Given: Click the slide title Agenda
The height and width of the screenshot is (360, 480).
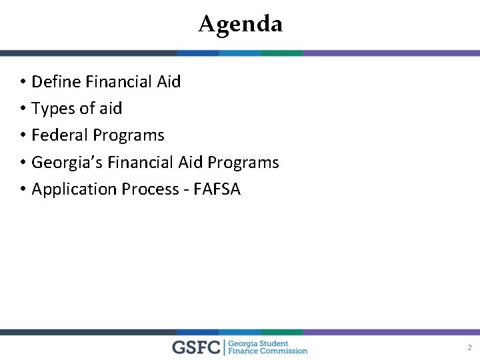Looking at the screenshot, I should pos(240,24).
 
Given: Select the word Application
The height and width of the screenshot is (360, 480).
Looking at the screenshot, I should pos(74,190).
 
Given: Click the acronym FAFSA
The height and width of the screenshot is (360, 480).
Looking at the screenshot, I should pos(216,189).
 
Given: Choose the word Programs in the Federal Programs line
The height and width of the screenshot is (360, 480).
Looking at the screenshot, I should pos(128,136).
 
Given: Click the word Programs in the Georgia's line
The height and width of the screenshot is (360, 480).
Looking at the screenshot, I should pos(243,163).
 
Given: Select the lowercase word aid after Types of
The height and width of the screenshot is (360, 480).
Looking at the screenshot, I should pos(110,109).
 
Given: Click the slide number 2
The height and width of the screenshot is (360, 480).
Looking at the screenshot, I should pos(469,347).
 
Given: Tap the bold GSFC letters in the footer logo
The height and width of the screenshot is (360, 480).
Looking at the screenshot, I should pos(197,347).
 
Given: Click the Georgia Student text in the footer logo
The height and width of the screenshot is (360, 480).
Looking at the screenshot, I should pos(259,343).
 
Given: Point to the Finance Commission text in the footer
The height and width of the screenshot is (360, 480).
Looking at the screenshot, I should pos(268,351).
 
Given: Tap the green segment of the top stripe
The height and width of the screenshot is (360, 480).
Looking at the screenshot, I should pos(281,53).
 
